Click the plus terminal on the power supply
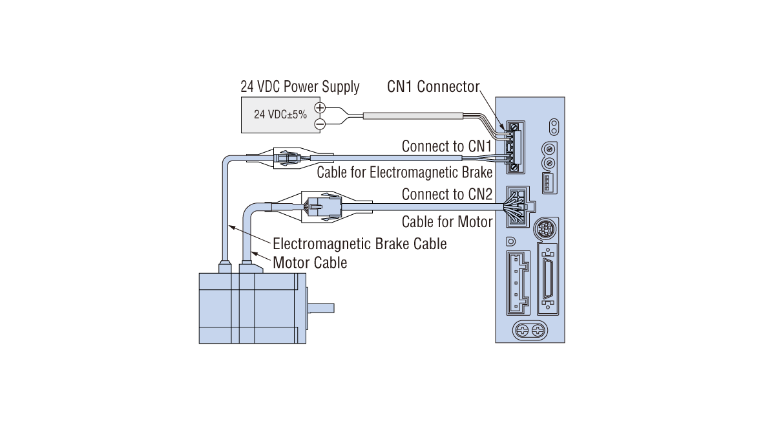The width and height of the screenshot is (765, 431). (319, 108)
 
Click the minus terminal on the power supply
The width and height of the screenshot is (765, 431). (319, 123)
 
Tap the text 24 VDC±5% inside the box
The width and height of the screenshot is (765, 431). (280, 115)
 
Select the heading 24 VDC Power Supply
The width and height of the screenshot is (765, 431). (300, 87)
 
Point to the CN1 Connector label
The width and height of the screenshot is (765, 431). (434, 87)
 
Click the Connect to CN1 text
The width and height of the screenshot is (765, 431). (447, 146)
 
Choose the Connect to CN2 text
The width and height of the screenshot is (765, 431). (447, 194)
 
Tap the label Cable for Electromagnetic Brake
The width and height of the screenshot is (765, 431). (404, 172)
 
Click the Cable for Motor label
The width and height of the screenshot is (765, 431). (447, 222)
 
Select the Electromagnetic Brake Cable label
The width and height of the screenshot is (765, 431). (360, 244)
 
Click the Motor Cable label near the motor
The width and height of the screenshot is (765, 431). (310, 263)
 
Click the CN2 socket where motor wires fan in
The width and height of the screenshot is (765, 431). (517, 207)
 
